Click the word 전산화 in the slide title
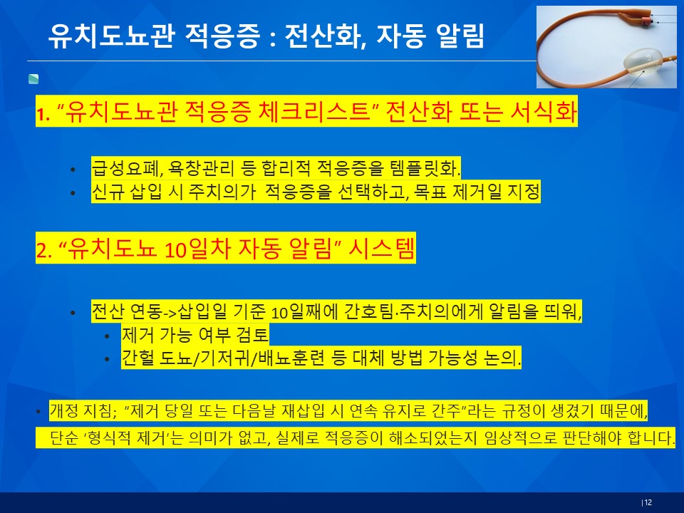[x=322, y=36]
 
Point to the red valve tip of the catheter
[x=645, y=20]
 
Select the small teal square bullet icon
[x=33, y=79]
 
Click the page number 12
[x=648, y=502]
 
